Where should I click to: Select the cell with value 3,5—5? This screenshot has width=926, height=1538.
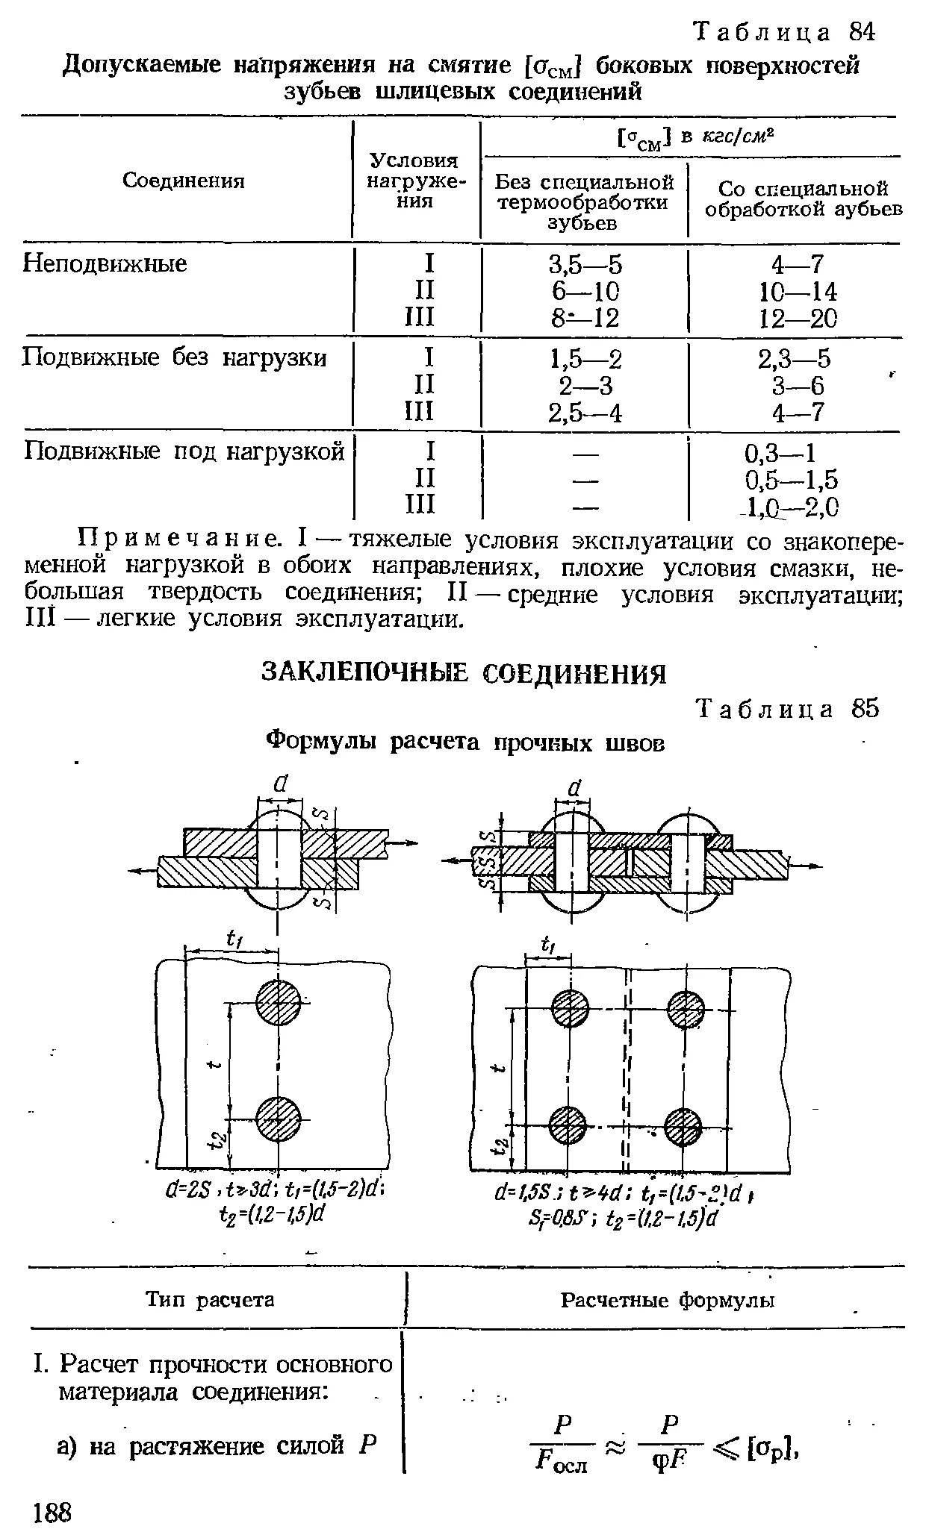(x=585, y=266)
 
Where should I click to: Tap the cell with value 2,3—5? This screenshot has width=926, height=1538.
(x=794, y=360)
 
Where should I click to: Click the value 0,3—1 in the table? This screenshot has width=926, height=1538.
(x=780, y=454)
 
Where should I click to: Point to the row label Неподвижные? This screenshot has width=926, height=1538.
(x=105, y=263)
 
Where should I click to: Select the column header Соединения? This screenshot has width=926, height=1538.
(x=184, y=181)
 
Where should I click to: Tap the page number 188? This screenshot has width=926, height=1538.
(x=52, y=1513)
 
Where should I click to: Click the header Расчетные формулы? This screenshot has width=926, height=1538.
(x=668, y=1301)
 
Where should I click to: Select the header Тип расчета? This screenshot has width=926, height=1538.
(x=211, y=1300)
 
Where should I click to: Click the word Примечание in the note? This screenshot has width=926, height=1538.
(x=179, y=539)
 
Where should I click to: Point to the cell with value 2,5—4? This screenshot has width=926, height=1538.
(x=585, y=413)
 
